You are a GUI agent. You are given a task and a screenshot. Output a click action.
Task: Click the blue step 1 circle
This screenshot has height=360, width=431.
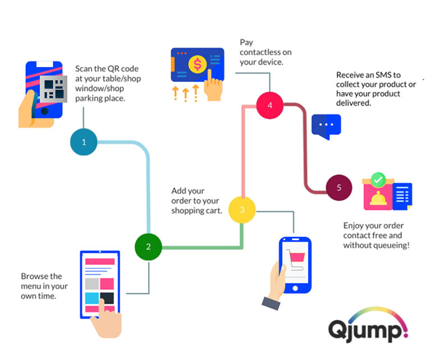tap(84, 142)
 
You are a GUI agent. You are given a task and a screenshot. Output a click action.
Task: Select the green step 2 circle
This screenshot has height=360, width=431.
tap(149, 247)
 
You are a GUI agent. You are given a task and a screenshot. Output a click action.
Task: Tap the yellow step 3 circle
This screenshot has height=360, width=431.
tap(242, 210)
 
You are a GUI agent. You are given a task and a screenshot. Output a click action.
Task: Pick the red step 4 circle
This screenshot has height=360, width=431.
tap(270, 105)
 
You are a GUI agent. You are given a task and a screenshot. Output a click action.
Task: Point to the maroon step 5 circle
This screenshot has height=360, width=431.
tap(339, 187)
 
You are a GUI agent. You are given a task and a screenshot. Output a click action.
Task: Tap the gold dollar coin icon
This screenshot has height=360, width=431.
tap(198, 64)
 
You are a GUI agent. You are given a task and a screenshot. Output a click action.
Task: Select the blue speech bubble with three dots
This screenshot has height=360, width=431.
tap(325, 126)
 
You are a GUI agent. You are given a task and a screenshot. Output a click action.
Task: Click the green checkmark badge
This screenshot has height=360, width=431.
tap(378, 180)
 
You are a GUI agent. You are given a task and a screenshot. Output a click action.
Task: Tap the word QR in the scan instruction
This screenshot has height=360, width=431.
tap(112, 69)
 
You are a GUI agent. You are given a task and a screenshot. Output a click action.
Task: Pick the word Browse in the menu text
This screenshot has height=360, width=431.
tap(34, 276)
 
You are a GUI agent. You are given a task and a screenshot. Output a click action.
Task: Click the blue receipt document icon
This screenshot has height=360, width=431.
tap(402, 196)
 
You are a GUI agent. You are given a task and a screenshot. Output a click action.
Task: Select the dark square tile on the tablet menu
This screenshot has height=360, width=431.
tap(107, 297)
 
